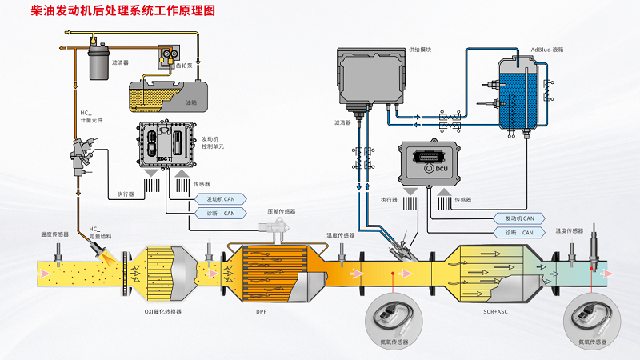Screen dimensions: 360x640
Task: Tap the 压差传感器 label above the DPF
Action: click(282, 212)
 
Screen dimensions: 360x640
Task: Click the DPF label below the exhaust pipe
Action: click(262, 310)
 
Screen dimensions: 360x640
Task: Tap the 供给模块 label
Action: click(419, 50)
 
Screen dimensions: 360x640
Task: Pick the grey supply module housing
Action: click(369, 77)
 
